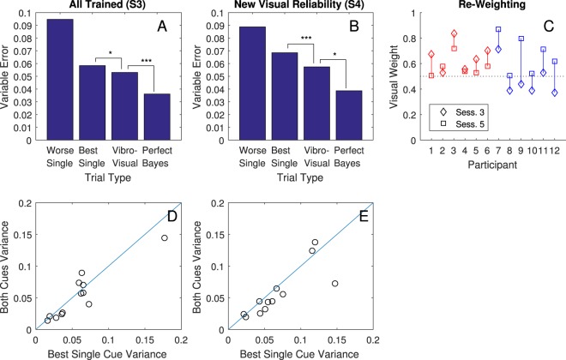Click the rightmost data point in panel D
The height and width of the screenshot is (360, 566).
[165, 237]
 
